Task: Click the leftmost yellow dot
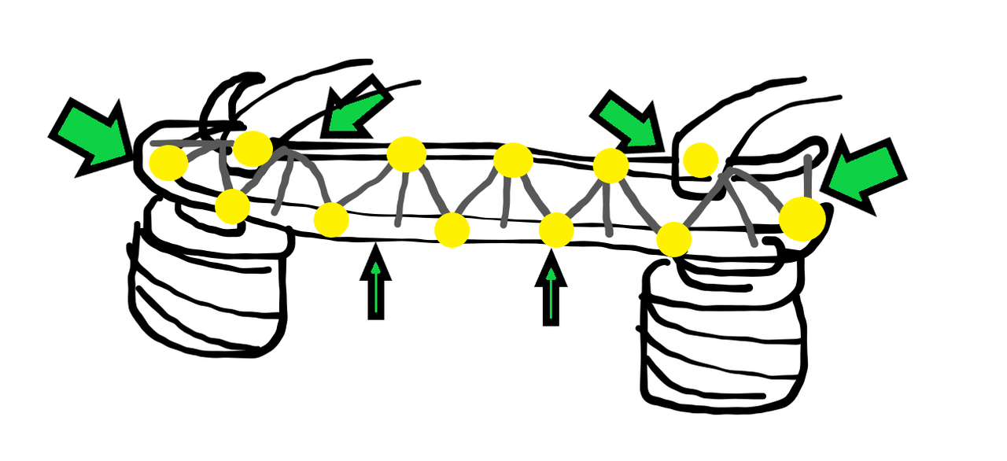click(169, 163)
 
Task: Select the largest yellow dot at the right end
click(802, 219)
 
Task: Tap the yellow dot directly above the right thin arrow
click(556, 230)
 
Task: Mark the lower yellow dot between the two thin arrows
click(452, 230)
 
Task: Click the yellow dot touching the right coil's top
click(674, 239)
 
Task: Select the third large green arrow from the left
click(627, 120)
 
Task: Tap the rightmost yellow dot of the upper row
click(700, 160)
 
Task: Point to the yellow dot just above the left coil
click(232, 207)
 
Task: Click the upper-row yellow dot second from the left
click(253, 149)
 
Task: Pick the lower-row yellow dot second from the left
click(331, 219)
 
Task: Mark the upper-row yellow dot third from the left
click(407, 154)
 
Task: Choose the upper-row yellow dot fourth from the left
click(514, 160)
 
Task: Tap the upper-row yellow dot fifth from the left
click(610, 165)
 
